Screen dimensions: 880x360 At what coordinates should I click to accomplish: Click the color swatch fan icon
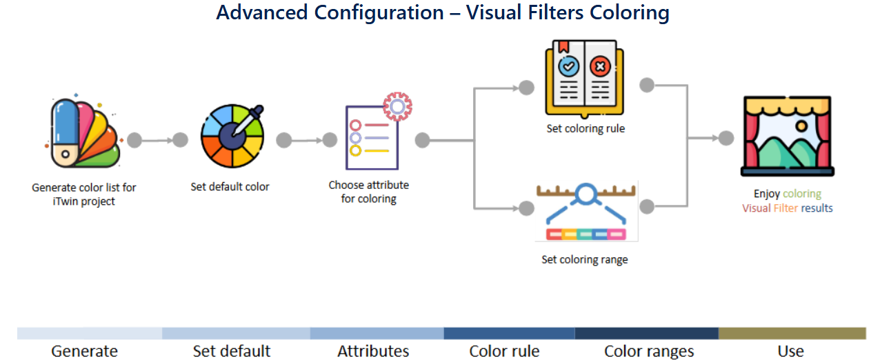pos(83,133)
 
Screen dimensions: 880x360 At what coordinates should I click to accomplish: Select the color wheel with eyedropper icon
pos(232,136)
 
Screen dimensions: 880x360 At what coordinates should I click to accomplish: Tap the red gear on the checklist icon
pos(397,106)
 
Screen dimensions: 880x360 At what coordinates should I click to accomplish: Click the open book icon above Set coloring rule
pos(584,79)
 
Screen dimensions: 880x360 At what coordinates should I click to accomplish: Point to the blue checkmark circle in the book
pos(568,66)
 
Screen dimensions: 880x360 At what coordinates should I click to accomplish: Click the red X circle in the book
pos(600,66)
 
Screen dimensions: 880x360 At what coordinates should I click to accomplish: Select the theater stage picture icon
pos(788,136)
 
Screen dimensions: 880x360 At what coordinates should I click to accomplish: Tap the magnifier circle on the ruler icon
pos(586,193)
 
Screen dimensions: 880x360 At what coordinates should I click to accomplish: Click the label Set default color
pos(230,187)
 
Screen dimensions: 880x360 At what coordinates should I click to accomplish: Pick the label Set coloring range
pos(585,260)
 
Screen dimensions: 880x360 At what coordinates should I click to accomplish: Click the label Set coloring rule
pos(586,128)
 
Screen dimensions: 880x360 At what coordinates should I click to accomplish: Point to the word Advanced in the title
pos(262,12)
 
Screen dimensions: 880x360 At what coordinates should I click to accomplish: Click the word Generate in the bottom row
pos(84,351)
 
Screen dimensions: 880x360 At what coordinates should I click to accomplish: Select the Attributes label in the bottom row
pos(373,351)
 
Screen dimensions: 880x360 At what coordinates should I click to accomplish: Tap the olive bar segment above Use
pos(792,333)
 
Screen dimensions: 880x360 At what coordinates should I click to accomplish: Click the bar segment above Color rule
pos(509,333)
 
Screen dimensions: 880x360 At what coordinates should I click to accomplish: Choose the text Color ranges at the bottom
pos(649,351)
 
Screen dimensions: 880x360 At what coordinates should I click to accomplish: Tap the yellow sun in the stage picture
pos(801,126)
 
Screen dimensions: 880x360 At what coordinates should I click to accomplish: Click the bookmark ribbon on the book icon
pos(563,46)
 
